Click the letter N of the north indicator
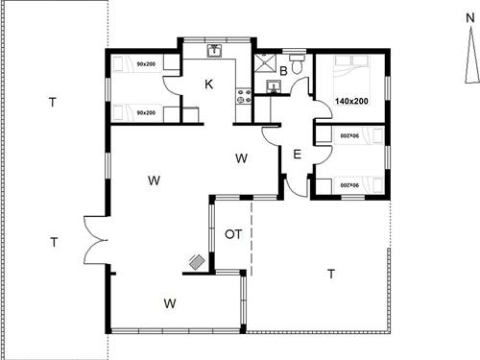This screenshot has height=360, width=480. [469, 18]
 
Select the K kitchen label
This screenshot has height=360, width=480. [208, 84]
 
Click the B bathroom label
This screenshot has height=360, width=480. [283, 71]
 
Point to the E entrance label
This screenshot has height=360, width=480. [297, 155]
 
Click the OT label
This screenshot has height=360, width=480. [233, 234]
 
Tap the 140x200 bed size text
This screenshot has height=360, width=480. [351, 101]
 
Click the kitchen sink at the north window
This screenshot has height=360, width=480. [214, 51]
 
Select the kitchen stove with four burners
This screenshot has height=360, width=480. [244, 96]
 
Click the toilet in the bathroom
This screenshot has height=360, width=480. [298, 63]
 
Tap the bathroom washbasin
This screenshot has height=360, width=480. [274, 86]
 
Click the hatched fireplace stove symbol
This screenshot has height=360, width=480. [197, 262]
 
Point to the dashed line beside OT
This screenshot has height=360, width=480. [252, 237]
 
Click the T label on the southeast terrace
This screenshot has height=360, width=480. [331, 275]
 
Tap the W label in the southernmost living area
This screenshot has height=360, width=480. [170, 303]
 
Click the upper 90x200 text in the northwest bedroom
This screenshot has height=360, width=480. [146, 64]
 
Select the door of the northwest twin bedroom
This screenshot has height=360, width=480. [171, 85]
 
